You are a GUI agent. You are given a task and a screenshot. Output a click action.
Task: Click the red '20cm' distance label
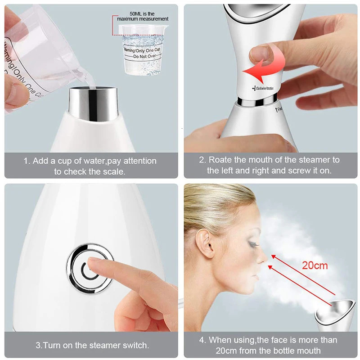tap(315, 265)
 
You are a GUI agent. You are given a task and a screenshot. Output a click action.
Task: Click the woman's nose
tap(262, 259)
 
